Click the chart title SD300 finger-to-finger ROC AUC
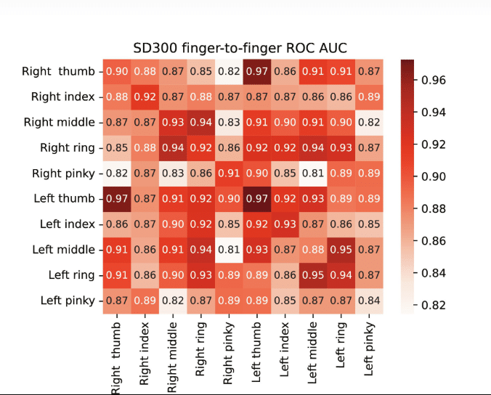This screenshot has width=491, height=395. (x=240, y=48)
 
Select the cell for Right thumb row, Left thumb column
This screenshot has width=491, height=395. (x=256, y=71)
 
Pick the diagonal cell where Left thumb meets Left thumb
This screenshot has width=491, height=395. (x=256, y=198)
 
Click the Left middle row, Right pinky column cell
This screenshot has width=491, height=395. (x=227, y=249)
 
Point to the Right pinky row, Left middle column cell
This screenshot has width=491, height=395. (x=312, y=173)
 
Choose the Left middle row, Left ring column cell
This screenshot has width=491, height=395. (x=340, y=249)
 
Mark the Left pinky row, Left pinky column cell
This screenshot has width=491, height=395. (x=368, y=300)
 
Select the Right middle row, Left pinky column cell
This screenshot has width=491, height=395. (x=368, y=122)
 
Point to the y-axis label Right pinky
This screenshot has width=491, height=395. (x=63, y=173)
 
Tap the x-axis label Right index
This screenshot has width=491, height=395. (x=144, y=353)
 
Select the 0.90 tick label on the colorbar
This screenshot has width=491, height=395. (x=434, y=176)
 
